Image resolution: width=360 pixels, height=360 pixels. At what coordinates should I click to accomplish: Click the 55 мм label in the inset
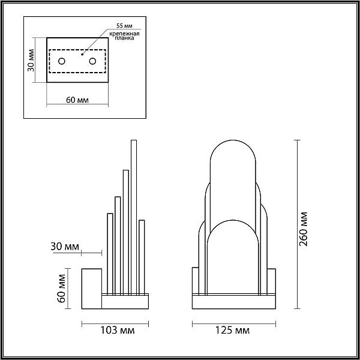coord(124,25)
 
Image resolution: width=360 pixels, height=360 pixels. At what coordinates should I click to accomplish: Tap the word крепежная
coord(124,34)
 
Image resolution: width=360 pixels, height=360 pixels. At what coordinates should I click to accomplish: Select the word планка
coord(124,38)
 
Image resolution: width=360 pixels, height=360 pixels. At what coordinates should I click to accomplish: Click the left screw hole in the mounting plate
coord(62,61)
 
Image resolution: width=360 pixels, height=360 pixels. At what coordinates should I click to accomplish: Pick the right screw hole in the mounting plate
coord(92,61)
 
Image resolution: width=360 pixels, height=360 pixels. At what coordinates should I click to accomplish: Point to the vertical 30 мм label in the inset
coord(31,60)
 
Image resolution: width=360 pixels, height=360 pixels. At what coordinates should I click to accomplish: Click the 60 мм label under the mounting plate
coord(77,100)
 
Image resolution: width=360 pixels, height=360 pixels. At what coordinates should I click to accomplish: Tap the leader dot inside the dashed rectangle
coord(82,55)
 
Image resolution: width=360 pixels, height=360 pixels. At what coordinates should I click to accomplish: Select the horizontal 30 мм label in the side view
coord(65,247)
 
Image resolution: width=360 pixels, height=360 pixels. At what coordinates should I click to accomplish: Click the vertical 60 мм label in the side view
coord(62,289)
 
